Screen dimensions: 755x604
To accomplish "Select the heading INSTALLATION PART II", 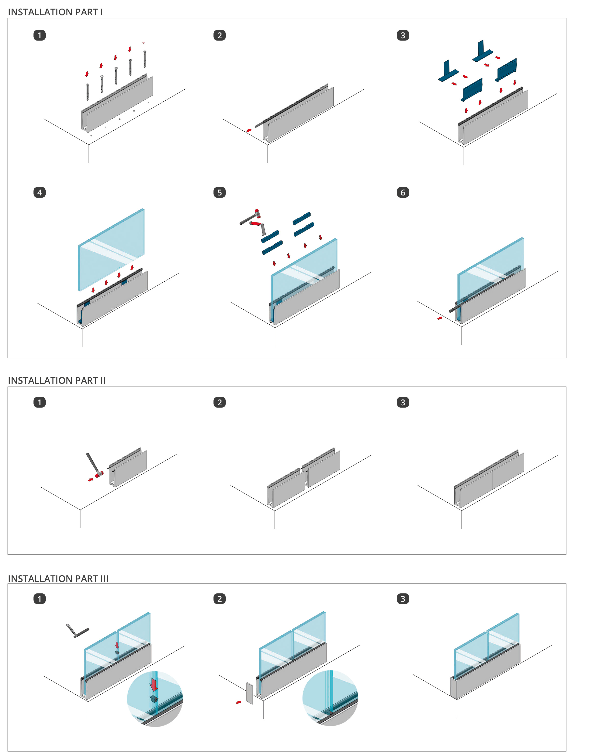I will click(57, 380).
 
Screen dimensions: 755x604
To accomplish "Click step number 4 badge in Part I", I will click(39, 192).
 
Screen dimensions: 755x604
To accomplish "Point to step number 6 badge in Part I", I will click(403, 192).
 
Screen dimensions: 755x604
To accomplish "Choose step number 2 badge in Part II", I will click(219, 402).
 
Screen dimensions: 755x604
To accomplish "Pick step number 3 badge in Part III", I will click(403, 599).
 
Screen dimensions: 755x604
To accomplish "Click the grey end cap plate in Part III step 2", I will click(249, 693).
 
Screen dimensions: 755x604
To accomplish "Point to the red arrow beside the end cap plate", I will click(238, 702).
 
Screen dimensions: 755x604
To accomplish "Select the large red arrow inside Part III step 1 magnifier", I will click(154, 684).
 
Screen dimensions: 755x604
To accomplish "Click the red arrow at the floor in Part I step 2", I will click(249, 131).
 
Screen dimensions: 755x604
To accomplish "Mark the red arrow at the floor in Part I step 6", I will click(440, 318).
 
